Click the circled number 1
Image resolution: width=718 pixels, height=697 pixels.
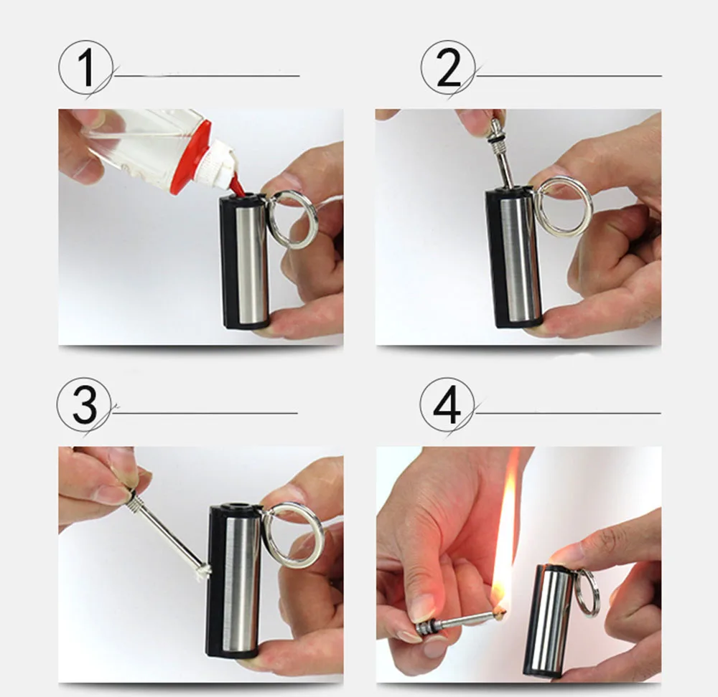(85, 68)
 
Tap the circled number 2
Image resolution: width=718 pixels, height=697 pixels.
(448, 68)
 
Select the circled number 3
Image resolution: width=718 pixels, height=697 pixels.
(84, 404)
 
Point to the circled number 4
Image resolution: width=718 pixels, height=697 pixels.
(447, 404)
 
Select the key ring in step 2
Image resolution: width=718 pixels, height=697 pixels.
(563, 207)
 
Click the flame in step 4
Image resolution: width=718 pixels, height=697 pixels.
(506, 535)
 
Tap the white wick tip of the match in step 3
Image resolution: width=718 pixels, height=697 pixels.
(204, 570)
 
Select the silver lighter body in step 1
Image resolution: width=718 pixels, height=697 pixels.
(252, 262)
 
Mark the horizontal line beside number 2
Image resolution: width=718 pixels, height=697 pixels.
(569, 75)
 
